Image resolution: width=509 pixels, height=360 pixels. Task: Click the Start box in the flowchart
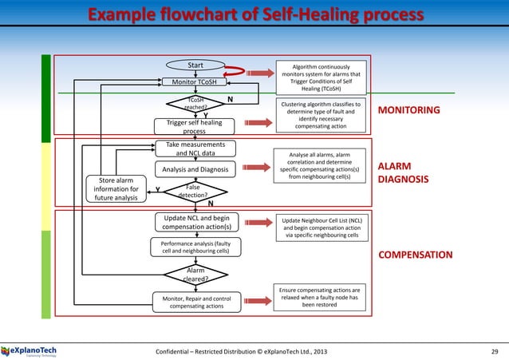click(195, 65)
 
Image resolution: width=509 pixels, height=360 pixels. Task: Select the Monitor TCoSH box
click(195, 81)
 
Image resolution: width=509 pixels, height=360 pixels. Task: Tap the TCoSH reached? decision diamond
click(195, 103)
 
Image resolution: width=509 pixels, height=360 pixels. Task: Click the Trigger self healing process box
click(195, 128)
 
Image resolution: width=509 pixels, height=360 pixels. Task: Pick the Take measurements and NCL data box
click(195, 149)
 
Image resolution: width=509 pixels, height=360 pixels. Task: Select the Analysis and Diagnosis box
click(195, 170)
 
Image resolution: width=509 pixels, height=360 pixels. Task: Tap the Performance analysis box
click(195, 247)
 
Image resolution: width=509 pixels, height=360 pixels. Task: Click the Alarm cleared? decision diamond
click(195, 275)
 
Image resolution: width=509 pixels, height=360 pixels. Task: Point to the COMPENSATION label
click(414, 255)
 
